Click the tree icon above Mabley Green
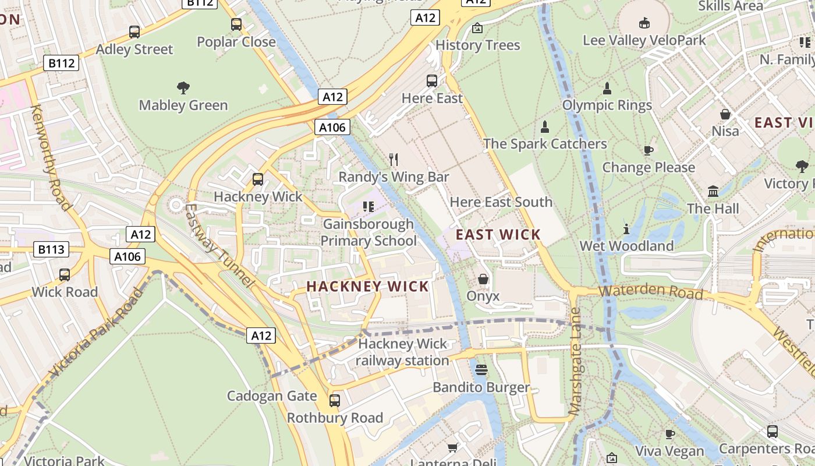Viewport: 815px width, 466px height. (x=183, y=88)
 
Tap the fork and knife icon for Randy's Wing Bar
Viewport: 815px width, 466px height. (x=394, y=159)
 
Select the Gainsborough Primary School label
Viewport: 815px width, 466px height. (x=368, y=232)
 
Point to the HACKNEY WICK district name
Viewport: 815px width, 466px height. (x=367, y=286)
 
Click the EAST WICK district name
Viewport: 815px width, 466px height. (x=498, y=235)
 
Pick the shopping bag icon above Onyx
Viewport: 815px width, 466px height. (x=483, y=279)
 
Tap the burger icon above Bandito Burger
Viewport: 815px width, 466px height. (x=481, y=370)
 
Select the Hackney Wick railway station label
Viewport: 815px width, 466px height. (x=402, y=352)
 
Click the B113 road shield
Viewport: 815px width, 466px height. (x=51, y=250)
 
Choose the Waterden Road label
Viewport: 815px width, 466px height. (x=651, y=291)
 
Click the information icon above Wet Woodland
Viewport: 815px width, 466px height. (x=626, y=229)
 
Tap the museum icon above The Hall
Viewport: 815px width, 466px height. (x=713, y=191)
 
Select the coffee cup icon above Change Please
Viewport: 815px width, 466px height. (x=649, y=150)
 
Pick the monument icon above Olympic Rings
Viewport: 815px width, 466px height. (x=607, y=89)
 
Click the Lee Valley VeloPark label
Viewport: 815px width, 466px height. (x=644, y=40)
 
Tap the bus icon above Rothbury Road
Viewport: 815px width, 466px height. (x=335, y=401)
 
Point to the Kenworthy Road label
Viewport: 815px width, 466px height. (x=50, y=157)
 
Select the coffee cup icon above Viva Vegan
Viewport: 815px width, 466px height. (x=670, y=434)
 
